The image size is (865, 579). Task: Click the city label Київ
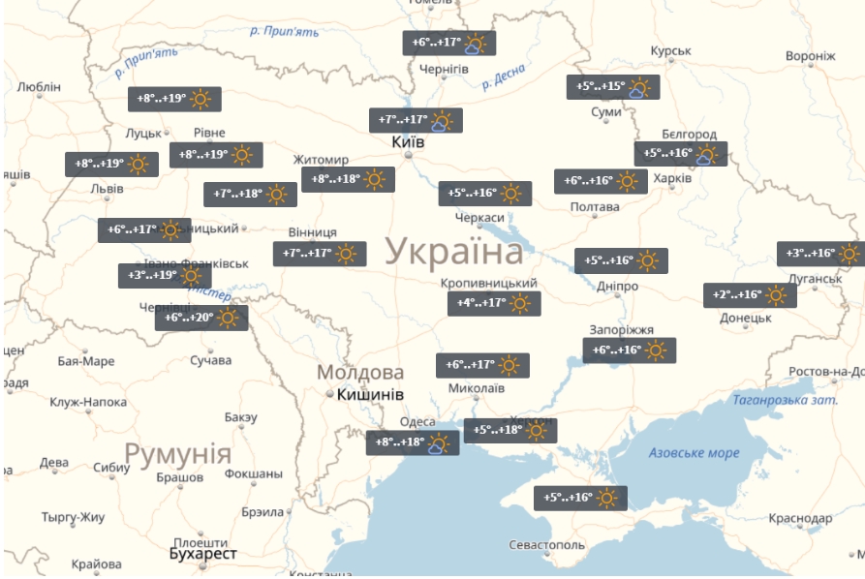click(407, 141)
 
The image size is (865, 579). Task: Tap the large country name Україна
click(454, 253)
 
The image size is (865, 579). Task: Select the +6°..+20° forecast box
click(201, 318)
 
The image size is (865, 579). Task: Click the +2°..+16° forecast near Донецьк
click(750, 295)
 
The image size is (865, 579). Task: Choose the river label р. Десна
click(504, 76)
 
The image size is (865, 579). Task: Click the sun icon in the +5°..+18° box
click(537, 431)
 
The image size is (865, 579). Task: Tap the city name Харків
click(672, 179)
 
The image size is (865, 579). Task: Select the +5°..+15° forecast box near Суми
click(612, 87)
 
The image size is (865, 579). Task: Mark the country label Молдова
click(360, 373)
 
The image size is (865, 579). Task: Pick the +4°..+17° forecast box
click(494, 303)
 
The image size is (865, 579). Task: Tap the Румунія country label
click(177, 454)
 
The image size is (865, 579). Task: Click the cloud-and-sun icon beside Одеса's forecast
click(439, 443)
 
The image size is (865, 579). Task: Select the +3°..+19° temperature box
click(164, 276)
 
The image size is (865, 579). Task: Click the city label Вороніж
click(810, 56)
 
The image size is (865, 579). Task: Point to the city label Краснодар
click(800, 519)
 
